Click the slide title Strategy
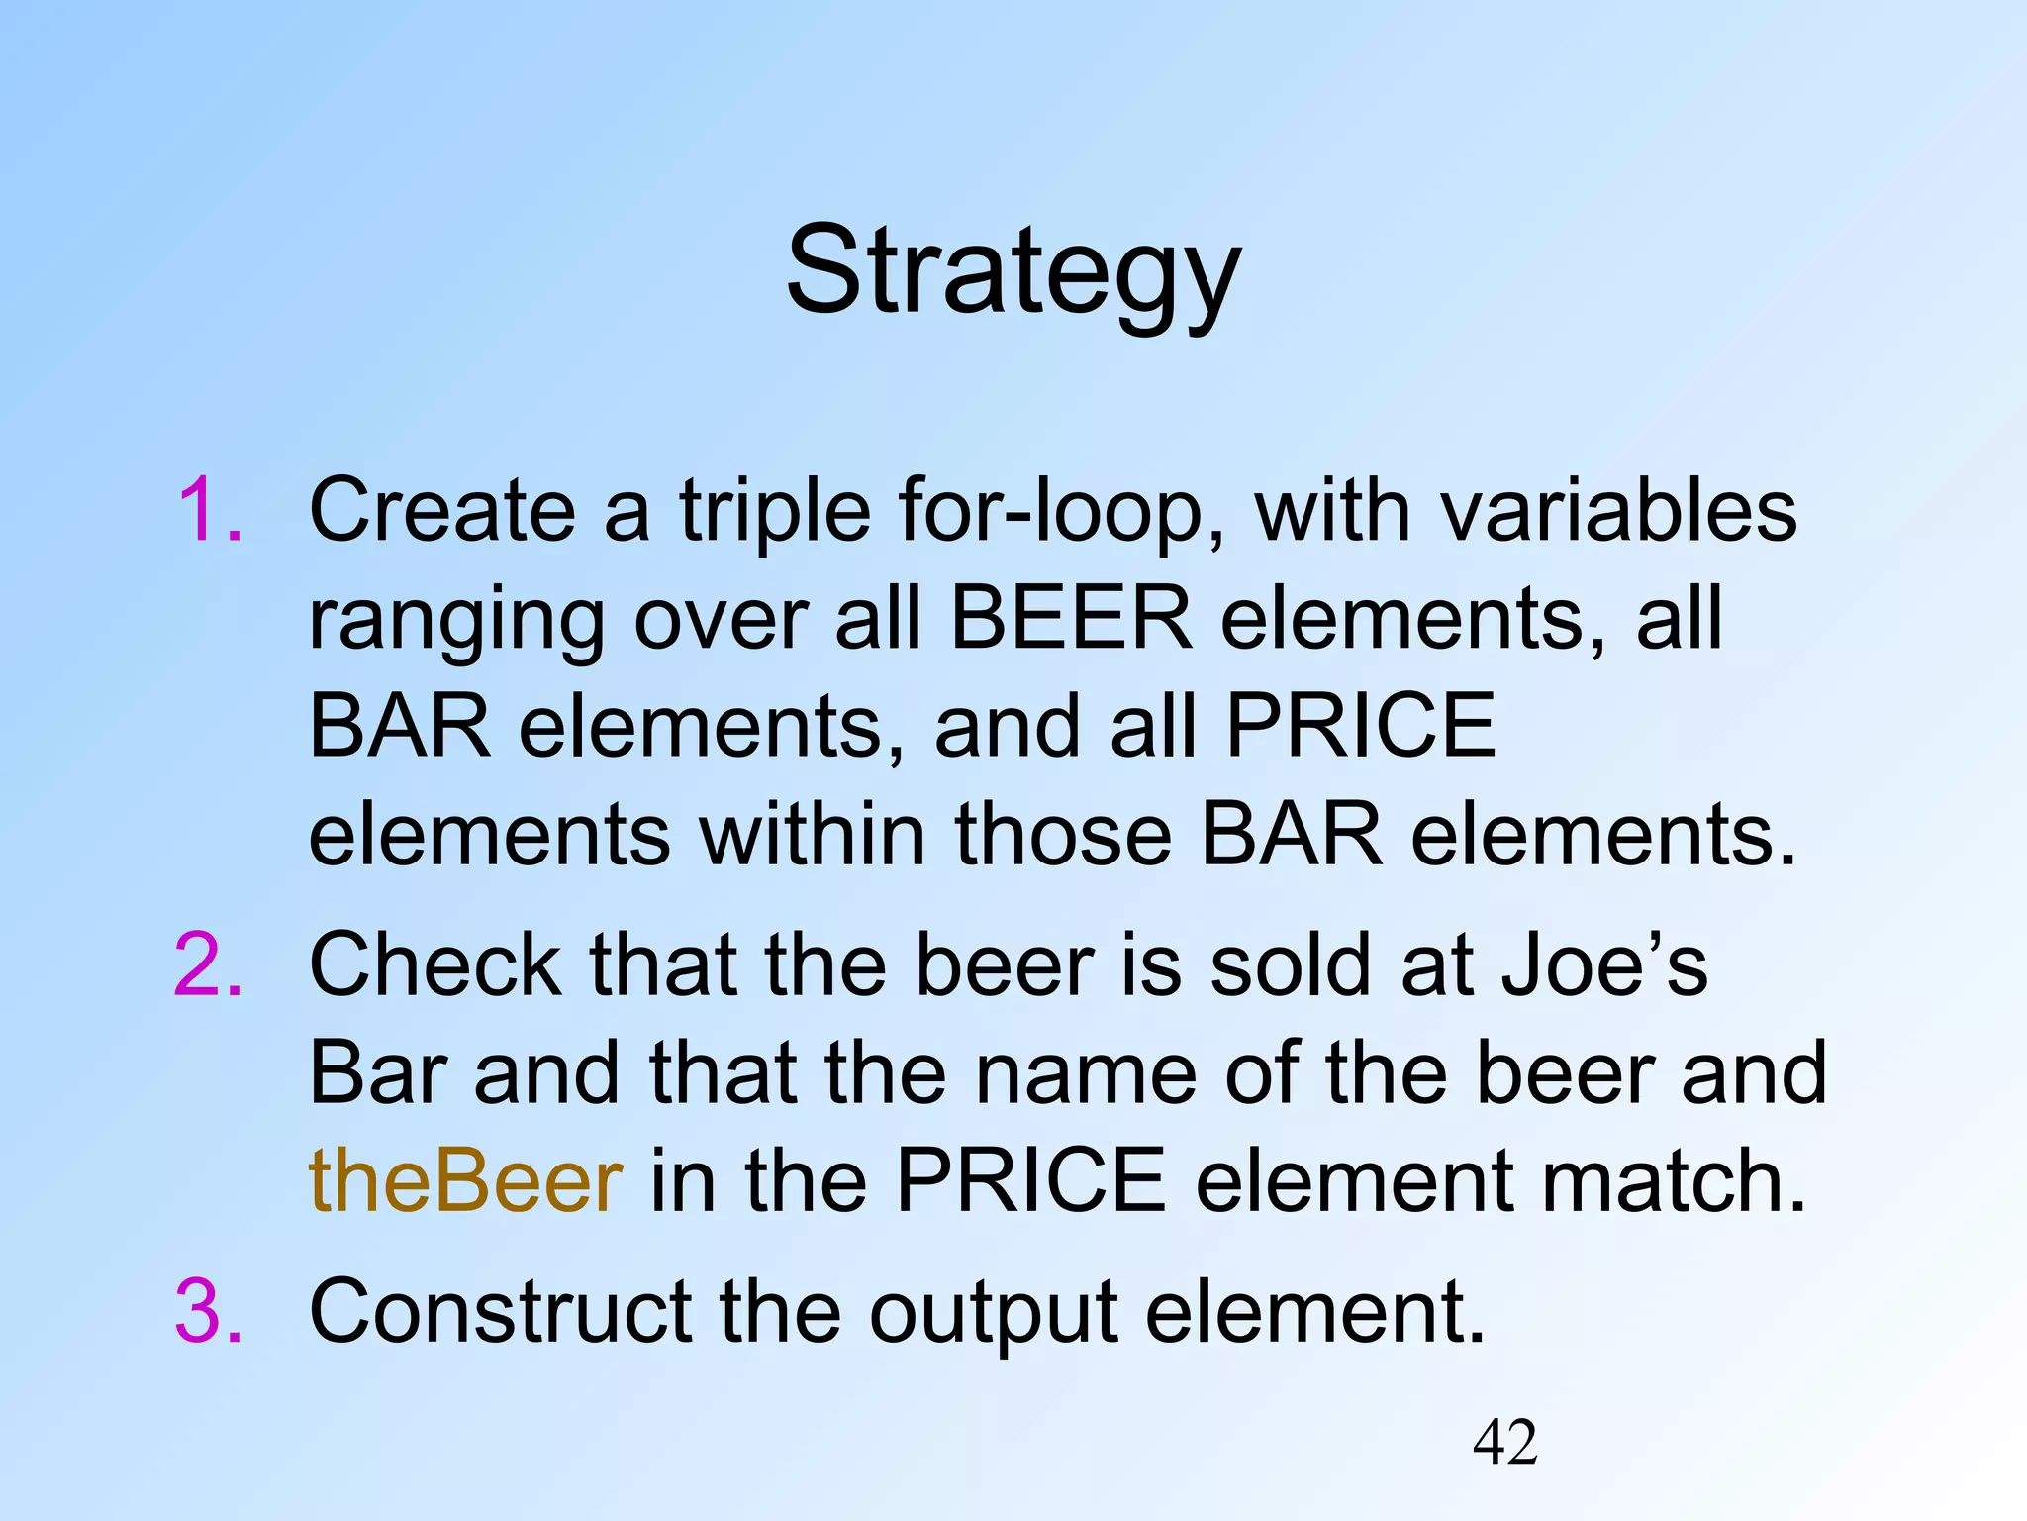tap(1013, 272)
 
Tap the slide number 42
tap(1504, 1443)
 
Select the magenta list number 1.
tap(210, 511)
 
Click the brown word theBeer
tap(465, 1181)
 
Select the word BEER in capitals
tap(1071, 619)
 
